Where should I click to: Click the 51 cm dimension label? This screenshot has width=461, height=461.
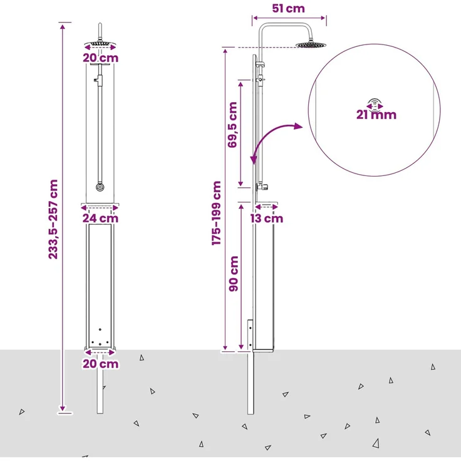pos(288,9)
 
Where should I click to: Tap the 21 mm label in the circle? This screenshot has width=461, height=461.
pos(376,115)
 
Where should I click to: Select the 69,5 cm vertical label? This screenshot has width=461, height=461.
pos(232,125)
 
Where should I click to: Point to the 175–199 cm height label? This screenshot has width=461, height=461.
pos(216,213)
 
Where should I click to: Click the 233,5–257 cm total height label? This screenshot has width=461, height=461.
pos(53,219)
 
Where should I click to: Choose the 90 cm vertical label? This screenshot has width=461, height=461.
pos(234,274)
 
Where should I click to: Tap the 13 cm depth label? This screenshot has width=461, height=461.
pos(267,219)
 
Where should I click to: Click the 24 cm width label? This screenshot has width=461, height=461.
pos(100,218)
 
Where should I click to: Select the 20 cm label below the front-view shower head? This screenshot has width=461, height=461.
pos(101,58)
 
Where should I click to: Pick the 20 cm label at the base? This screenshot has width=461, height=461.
pos(101,364)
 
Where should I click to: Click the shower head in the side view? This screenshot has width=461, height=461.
pos(311,45)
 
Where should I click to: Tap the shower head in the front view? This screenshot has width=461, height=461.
pos(100,44)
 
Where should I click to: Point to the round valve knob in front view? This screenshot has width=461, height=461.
pos(100,187)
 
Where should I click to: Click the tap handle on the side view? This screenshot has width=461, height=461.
pos(262,187)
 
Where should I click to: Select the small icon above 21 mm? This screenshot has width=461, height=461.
pos(375,105)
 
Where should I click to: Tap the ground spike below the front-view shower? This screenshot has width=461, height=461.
pos(100,382)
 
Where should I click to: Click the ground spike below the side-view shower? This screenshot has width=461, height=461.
pos(251,382)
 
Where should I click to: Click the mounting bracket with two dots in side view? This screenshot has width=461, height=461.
pos(250,335)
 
